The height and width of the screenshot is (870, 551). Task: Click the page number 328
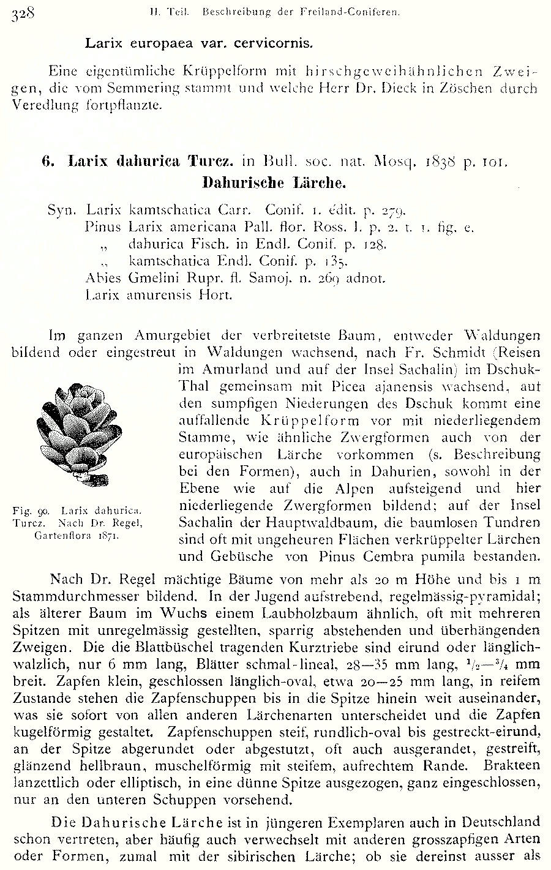pos(23,12)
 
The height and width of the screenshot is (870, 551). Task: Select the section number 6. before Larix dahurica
pos(48,162)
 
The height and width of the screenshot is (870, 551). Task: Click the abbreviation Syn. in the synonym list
pos(62,211)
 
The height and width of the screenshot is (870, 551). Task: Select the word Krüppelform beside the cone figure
pos(275,421)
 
